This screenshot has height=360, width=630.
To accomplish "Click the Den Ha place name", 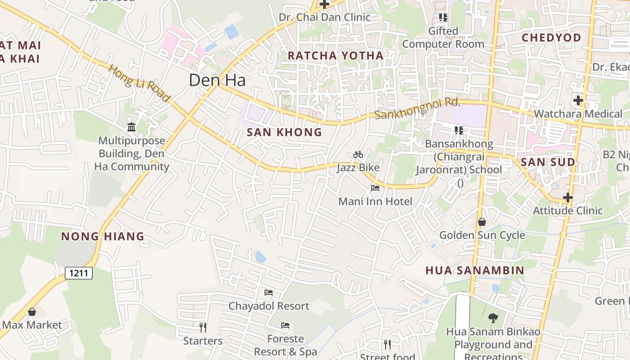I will (217, 80).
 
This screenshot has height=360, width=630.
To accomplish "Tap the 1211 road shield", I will (79, 273).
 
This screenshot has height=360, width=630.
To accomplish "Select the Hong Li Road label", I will (139, 84).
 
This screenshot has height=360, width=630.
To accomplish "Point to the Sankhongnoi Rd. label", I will (418, 109).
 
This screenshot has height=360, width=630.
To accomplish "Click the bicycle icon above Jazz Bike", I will (358, 155).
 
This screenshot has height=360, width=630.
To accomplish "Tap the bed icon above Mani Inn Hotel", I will (375, 188).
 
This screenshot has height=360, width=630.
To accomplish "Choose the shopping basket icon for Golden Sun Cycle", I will (482, 222).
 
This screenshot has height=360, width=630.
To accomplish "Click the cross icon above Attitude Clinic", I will (568, 198).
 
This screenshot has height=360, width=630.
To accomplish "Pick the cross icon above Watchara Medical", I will (578, 100).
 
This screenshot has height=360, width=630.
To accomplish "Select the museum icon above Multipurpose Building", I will (131, 127).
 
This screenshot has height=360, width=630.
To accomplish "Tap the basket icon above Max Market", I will (32, 312).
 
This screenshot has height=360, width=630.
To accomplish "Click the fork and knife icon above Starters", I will (203, 327).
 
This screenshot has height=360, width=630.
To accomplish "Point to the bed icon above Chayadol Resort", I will (269, 292).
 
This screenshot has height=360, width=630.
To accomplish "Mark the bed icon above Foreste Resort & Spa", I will (285, 325).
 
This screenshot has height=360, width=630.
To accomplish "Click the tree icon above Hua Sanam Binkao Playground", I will (493, 318).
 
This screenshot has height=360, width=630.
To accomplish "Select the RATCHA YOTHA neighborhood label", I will (335, 56).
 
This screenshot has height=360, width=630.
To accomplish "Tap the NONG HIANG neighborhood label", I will (103, 236).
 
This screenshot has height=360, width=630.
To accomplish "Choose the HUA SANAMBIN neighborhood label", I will (475, 270).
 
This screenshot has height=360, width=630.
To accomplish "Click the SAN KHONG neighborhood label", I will (284, 132).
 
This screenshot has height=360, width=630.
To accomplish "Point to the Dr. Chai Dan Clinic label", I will (324, 17).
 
